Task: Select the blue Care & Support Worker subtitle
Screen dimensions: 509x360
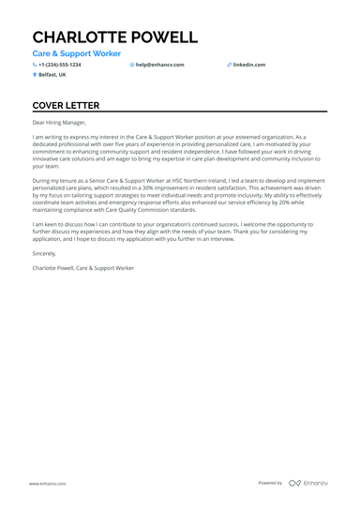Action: tap(76, 55)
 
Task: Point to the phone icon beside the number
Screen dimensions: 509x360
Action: tap(35, 65)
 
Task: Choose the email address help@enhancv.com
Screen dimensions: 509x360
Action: tap(160, 65)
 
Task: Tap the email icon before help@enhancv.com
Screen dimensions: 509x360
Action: tap(132, 65)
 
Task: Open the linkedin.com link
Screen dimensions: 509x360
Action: tap(249, 65)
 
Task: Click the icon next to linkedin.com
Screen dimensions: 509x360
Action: tap(229, 65)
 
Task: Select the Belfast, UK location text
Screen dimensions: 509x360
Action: tap(53, 74)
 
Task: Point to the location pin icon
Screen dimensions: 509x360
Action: tap(35, 74)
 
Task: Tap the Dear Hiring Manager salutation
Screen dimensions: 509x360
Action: tap(59, 123)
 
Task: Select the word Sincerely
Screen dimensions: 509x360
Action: tap(44, 253)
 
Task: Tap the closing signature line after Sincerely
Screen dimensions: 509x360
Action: tap(82, 268)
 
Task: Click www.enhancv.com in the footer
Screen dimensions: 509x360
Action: tap(45, 483)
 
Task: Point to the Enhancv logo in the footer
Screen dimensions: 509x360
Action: tap(308, 483)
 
